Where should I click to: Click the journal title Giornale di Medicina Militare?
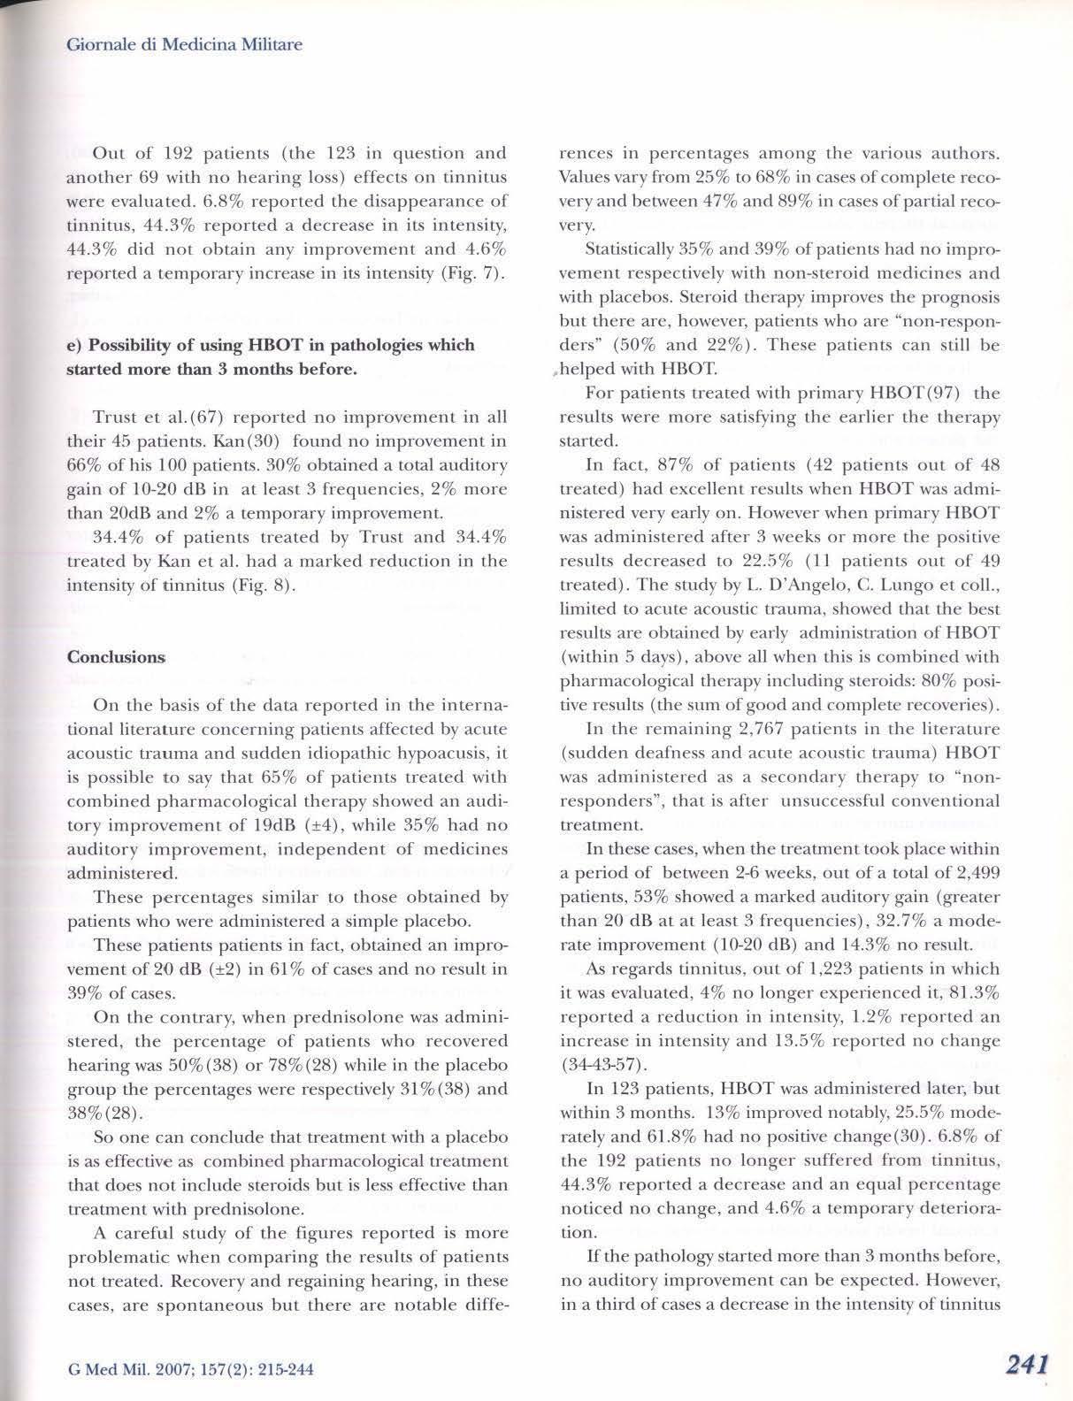185,43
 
